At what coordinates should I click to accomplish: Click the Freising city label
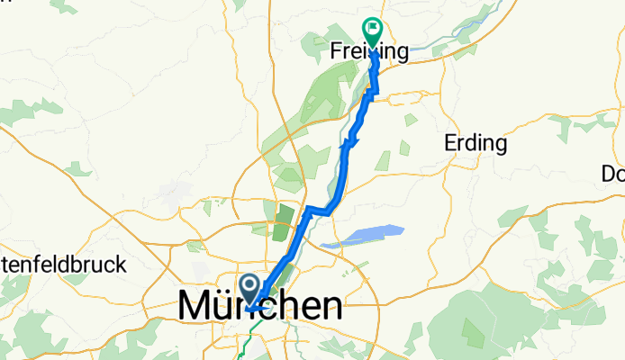click(x=369, y=51)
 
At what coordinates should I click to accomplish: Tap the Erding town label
click(x=476, y=142)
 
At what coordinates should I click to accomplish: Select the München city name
click(x=260, y=306)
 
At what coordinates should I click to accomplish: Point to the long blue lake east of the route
click(x=360, y=236)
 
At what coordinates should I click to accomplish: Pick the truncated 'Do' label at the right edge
click(x=616, y=173)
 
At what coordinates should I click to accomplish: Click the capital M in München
click(x=197, y=306)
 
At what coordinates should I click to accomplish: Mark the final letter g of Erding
click(x=501, y=145)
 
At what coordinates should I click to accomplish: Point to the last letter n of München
click(x=331, y=308)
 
